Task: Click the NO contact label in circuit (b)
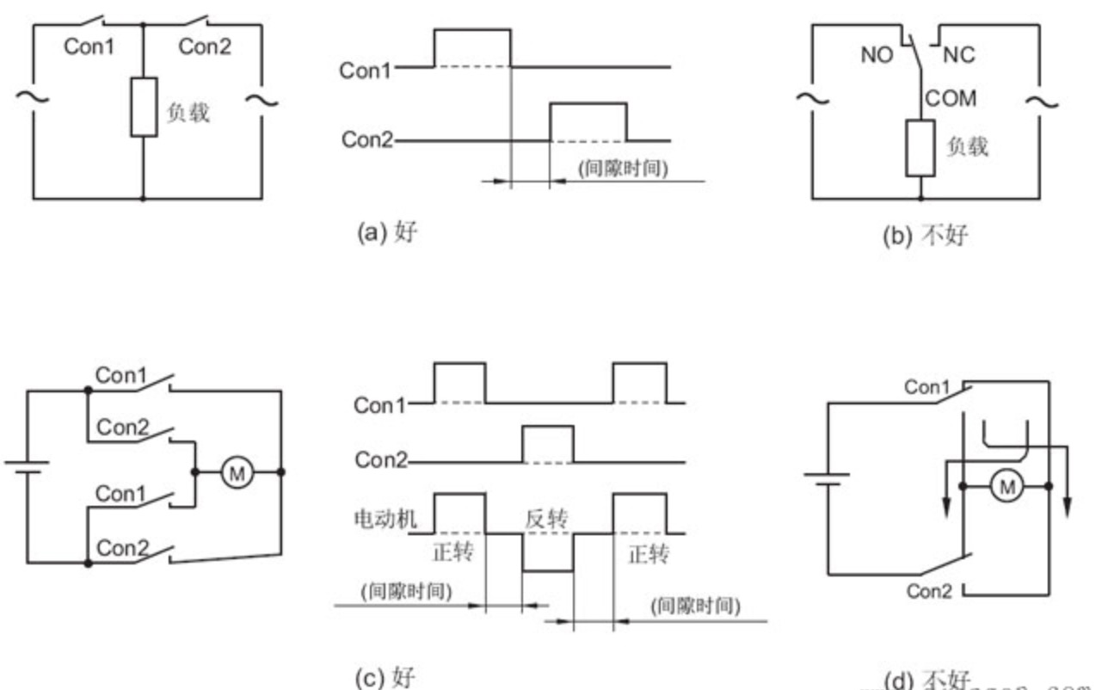click(877, 56)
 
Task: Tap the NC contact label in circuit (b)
click(959, 56)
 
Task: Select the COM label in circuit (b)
click(951, 98)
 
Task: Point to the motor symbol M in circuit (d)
click(1004, 487)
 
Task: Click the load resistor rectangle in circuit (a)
click(143, 107)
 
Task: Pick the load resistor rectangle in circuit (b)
click(920, 148)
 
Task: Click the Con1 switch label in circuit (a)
click(89, 47)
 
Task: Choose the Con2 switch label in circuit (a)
click(205, 47)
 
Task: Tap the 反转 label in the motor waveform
click(547, 520)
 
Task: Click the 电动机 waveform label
click(381, 520)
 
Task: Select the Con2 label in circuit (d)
click(929, 592)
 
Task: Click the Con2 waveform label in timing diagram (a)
click(366, 140)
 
